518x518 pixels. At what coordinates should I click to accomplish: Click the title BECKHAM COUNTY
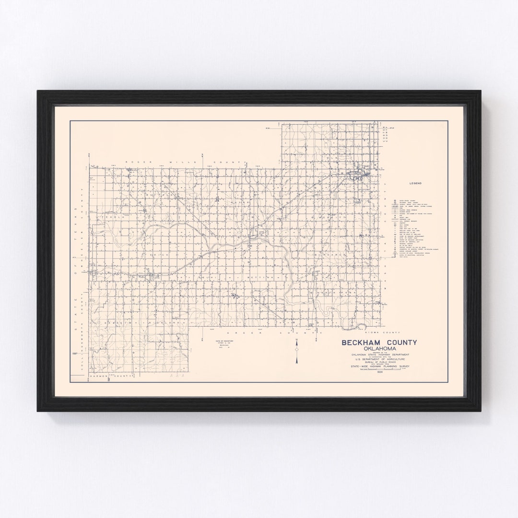click(x=379, y=342)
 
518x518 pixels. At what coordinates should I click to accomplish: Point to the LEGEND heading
click(x=415, y=183)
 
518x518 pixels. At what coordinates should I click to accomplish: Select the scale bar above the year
click(x=379, y=371)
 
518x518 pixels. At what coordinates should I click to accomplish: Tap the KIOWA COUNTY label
click(x=382, y=332)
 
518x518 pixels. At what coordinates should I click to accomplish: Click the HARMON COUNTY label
click(x=110, y=377)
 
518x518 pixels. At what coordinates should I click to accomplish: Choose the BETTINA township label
click(x=259, y=277)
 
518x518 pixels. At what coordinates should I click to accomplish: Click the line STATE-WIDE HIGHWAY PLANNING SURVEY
click(x=379, y=367)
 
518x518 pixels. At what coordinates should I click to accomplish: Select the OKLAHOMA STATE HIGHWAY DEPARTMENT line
click(x=379, y=354)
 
